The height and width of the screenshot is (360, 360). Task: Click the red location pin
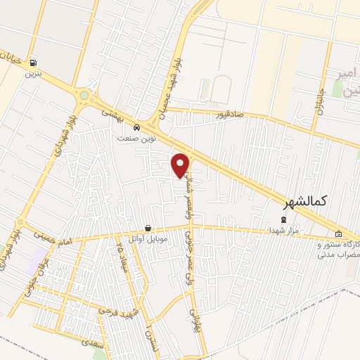[x=181, y=165]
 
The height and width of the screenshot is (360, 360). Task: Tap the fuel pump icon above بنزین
[x=34, y=62]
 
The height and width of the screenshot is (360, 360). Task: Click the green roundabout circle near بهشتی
[x=84, y=95]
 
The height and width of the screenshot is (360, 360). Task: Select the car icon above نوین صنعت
[x=136, y=128]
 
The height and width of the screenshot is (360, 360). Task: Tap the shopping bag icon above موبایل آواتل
[x=148, y=228]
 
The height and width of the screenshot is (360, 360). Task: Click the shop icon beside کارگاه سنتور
[x=339, y=234]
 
